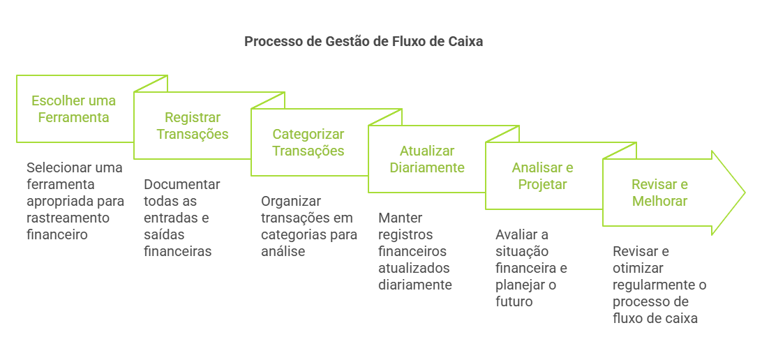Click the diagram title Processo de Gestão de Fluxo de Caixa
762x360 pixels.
click(x=364, y=41)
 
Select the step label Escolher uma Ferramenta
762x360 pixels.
click(x=73, y=109)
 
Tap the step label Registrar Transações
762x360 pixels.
click(x=192, y=126)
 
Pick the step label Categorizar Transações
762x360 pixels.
click(x=308, y=142)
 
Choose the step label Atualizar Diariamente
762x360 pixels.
click(x=426, y=159)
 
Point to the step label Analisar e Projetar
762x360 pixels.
click(x=542, y=176)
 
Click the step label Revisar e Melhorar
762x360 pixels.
click(x=659, y=193)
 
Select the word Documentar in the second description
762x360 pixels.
click(x=181, y=184)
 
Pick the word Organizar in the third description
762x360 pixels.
click(x=290, y=201)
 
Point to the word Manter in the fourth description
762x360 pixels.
click(x=400, y=218)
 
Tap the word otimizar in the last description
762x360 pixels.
click(x=639, y=268)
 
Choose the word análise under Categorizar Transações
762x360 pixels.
click(x=283, y=251)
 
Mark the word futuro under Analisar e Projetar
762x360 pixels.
click(x=514, y=301)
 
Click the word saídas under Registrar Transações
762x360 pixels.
click(x=163, y=234)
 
